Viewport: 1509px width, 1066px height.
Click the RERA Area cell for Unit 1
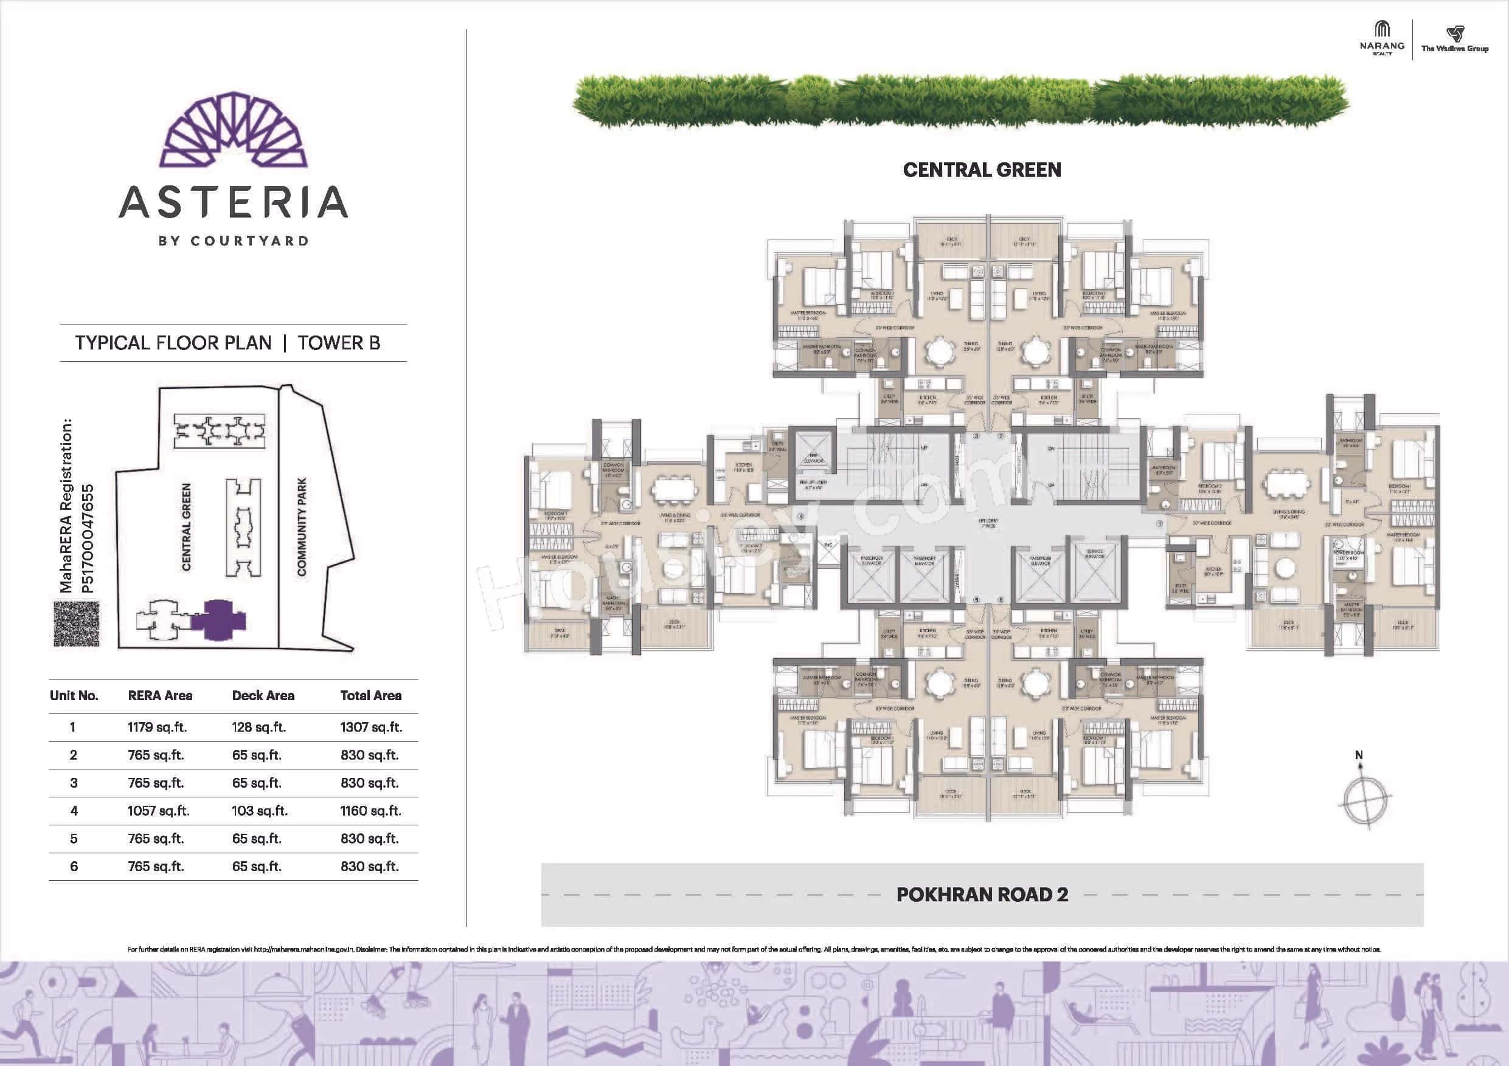coord(157,727)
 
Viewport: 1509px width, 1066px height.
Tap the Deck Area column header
coord(263,695)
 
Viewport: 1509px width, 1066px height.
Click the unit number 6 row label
coord(74,866)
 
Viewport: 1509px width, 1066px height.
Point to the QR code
coord(76,624)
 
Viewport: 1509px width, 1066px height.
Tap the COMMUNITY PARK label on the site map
coord(302,527)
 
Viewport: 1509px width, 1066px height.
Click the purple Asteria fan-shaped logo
coord(234,129)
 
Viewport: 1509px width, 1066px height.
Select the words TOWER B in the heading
coord(338,343)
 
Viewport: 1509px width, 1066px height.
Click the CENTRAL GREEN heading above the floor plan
coord(982,170)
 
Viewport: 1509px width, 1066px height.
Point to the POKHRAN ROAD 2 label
coord(982,895)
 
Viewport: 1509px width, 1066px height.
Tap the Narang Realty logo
coord(1381,39)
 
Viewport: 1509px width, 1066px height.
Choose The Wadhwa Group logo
coord(1454,40)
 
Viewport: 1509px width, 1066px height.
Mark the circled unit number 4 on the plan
coord(801,516)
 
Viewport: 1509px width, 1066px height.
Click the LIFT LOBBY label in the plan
coord(987,523)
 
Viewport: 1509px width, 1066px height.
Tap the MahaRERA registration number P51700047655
coord(88,538)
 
